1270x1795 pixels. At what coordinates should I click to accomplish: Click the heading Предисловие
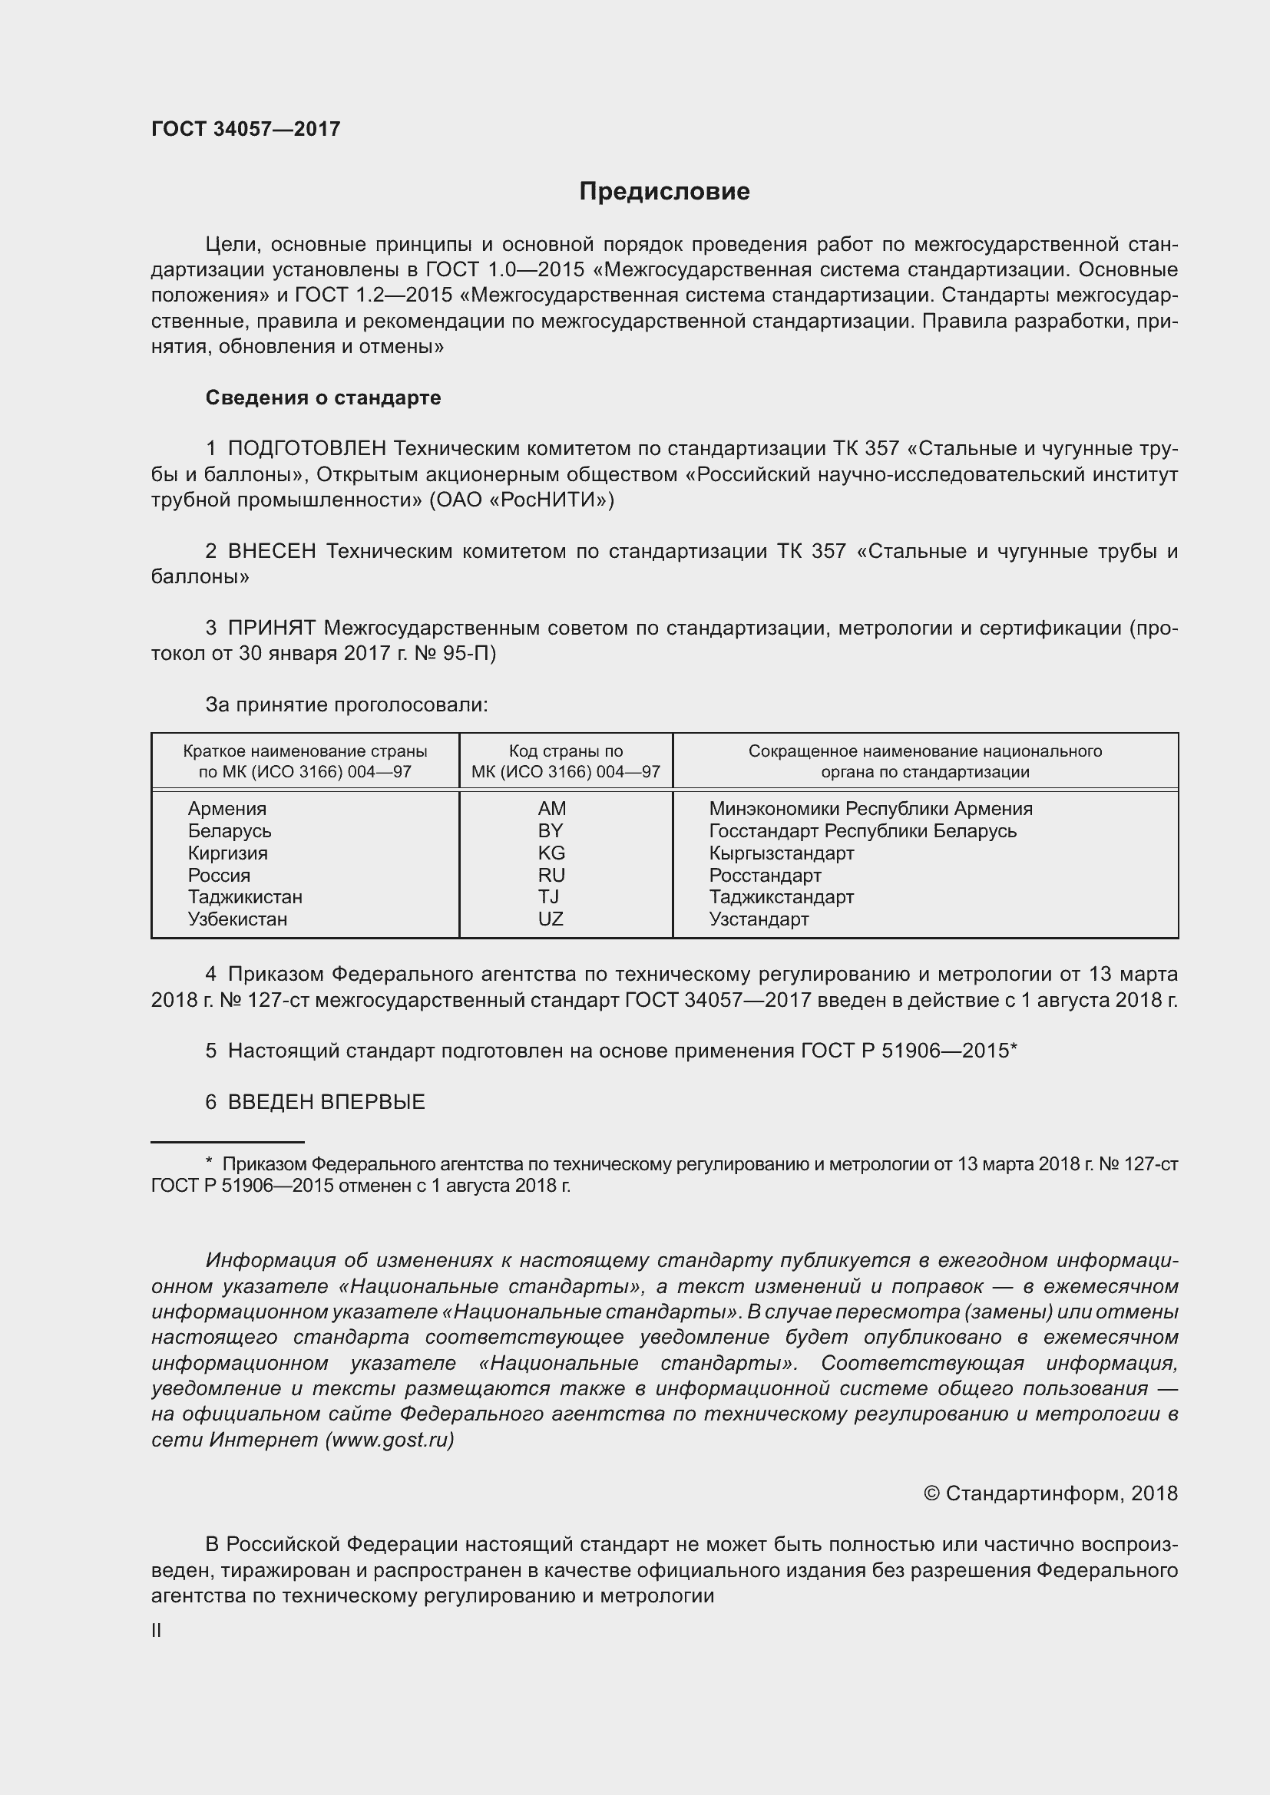[x=664, y=192]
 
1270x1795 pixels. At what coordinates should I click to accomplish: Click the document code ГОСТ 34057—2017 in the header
[x=246, y=129]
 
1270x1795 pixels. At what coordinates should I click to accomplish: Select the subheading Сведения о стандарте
[x=323, y=398]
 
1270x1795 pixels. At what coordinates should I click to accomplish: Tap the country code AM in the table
[x=551, y=808]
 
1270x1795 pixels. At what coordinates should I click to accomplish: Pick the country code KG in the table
[x=551, y=853]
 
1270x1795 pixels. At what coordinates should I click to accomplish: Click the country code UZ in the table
[x=551, y=919]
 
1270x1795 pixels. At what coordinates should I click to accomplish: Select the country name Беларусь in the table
[x=229, y=830]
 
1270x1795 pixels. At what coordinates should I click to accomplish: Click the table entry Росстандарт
[x=765, y=875]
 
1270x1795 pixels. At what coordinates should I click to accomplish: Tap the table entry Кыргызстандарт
[x=781, y=853]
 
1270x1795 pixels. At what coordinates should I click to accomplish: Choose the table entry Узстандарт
[x=759, y=919]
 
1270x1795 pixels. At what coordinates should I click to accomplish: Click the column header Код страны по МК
[x=565, y=761]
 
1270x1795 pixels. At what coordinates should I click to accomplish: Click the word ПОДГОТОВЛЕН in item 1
[x=306, y=449]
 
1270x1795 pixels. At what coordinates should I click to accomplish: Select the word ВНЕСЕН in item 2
[x=271, y=551]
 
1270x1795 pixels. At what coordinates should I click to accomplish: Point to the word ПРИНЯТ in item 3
[x=271, y=628]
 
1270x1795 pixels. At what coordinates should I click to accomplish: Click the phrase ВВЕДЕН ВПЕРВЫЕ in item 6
[x=326, y=1101]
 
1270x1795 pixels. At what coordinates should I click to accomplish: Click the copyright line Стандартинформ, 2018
[x=1050, y=1493]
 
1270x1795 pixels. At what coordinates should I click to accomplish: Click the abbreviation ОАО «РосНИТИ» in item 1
[x=521, y=500]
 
